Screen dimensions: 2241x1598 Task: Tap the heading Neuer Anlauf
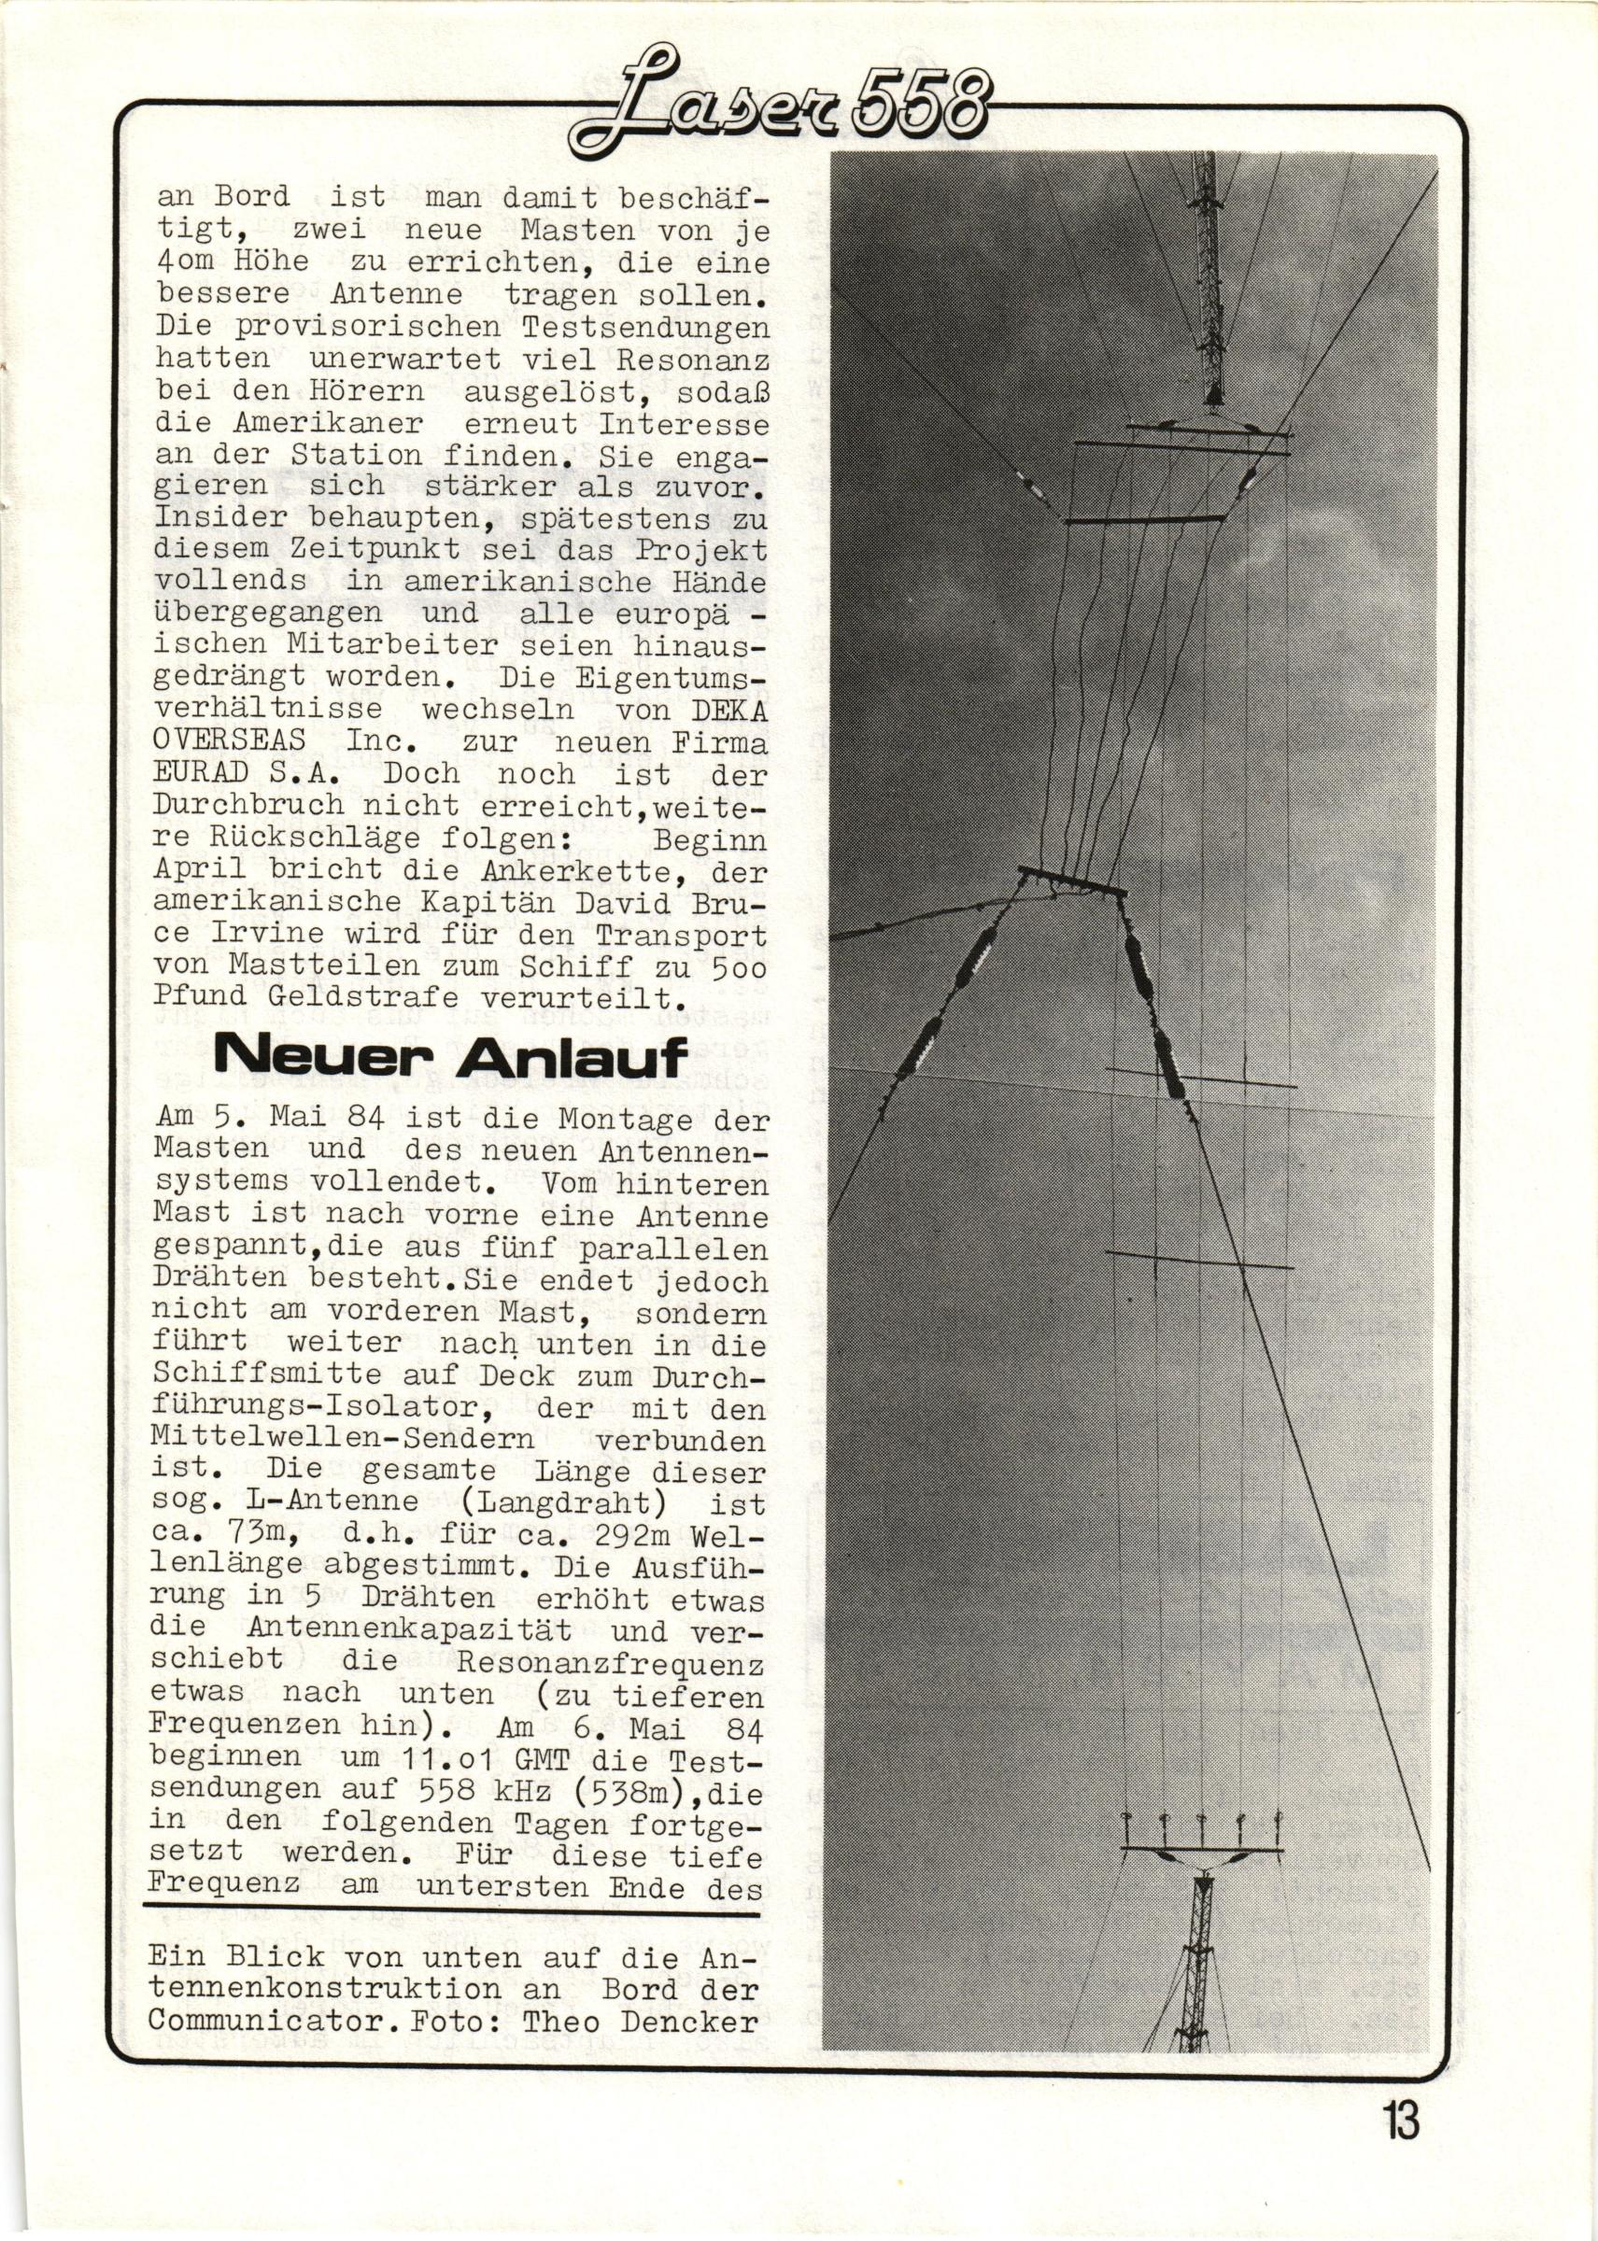pos(449,1060)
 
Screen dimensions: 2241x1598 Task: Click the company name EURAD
pos(201,774)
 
